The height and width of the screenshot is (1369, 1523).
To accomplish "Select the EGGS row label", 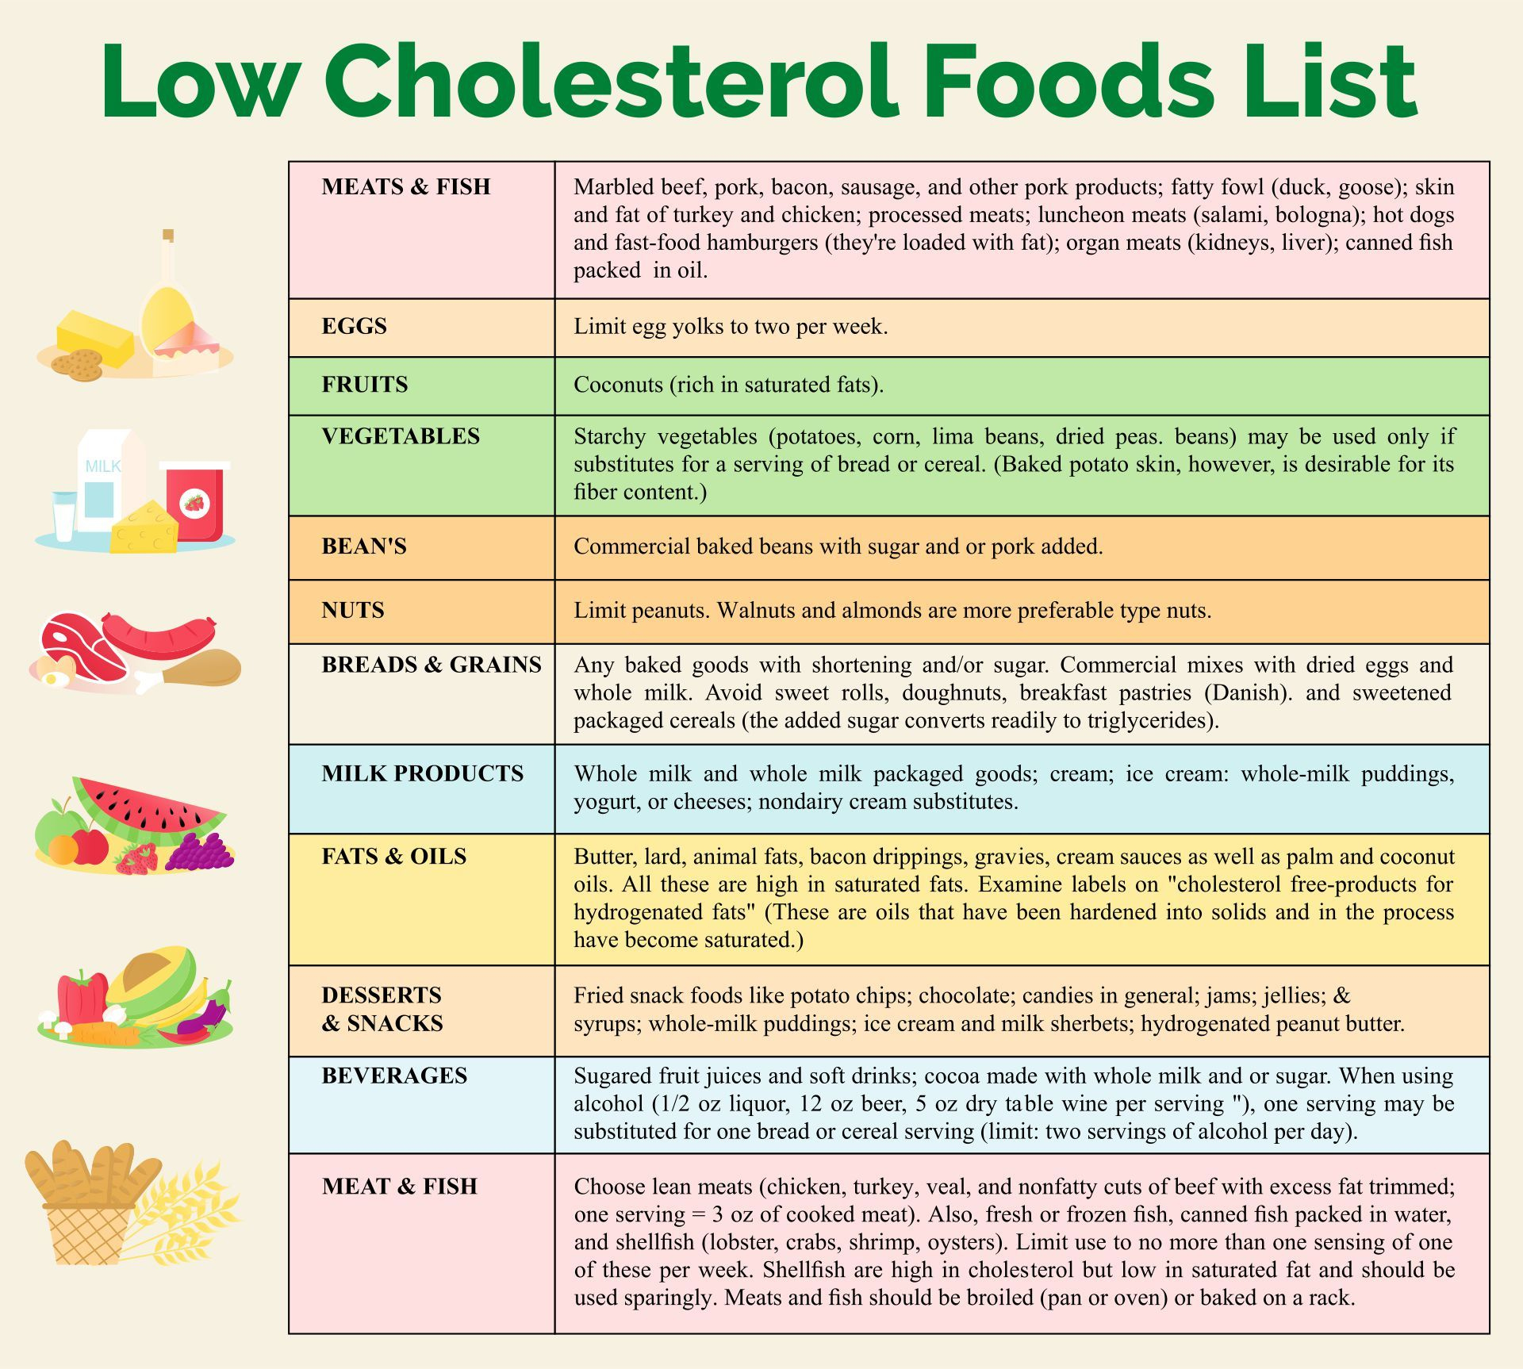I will (x=354, y=326).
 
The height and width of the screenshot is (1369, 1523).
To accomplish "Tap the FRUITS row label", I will (x=364, y=385).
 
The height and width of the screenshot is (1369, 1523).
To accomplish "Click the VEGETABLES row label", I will (x=400, y=436).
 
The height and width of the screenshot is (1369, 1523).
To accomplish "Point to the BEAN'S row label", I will (x=363, y=546).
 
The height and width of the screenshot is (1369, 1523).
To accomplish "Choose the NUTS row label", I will (x=352, y=610).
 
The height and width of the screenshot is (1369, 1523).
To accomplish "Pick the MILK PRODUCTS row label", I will (x=422, y=773).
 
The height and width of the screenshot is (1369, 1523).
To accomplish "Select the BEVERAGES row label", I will (x=394, y=1076).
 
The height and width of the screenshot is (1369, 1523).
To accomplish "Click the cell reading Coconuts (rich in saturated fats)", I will (x=728, y=385).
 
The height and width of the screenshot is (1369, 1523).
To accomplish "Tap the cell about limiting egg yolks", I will (x=730, y=326).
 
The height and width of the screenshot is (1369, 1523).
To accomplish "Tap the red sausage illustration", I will (x=159, y=635).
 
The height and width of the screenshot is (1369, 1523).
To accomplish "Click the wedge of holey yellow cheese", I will (x=145, y=528).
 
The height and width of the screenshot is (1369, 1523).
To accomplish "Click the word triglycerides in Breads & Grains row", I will (x=1151, y=720).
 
